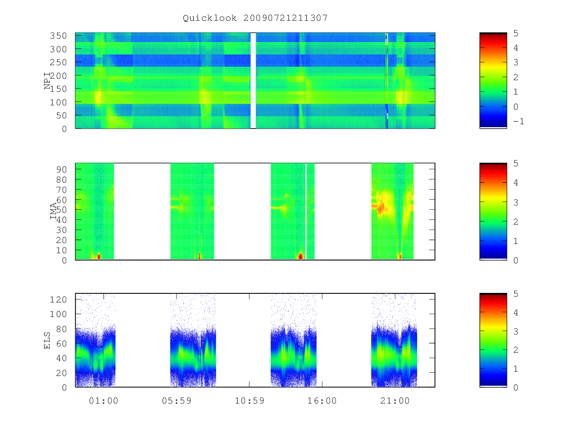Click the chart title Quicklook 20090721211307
coord(255,18)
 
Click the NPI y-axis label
coord(47,81)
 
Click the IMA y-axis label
coord(53,211)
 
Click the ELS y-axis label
coord(47,340)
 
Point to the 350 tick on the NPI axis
coord(58,36)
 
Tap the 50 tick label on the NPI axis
coord(61,116)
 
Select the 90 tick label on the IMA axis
coord(61,170)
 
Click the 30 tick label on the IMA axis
coord(61,230)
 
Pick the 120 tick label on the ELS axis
coord(58,300)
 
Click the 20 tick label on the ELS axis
coord(61,373)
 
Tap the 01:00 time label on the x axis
coord(103,401)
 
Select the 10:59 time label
coord(249,401)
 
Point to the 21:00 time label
coord(395,401)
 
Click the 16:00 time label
coord(322,401)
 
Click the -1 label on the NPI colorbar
coord(519,121)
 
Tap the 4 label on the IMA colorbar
coord(516,183)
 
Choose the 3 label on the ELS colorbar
coord(516,331)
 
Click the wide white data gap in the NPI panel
coord(253,81)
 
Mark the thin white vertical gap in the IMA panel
coord(306,211)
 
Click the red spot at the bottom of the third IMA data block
coord(301,256)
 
